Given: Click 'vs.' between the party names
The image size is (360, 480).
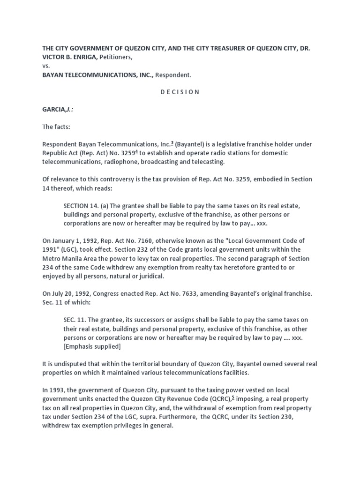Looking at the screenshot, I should tap(46, 66).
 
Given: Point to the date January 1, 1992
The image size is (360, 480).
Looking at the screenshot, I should tap(71, 240).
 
